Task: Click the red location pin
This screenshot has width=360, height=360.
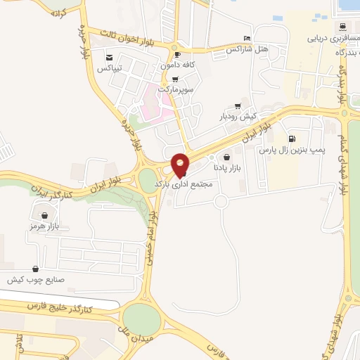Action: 181,164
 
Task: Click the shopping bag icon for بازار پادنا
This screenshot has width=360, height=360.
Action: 226,158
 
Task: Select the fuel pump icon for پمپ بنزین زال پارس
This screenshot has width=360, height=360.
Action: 292,139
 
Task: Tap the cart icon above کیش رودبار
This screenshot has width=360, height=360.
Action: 238,106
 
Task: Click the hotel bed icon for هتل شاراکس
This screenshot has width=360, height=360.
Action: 246,38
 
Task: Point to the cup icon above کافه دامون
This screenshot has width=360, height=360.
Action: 177,54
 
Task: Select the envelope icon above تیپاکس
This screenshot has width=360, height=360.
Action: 108,58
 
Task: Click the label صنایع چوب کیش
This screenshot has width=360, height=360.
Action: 36,280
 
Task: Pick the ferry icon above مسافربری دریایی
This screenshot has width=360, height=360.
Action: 342,27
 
